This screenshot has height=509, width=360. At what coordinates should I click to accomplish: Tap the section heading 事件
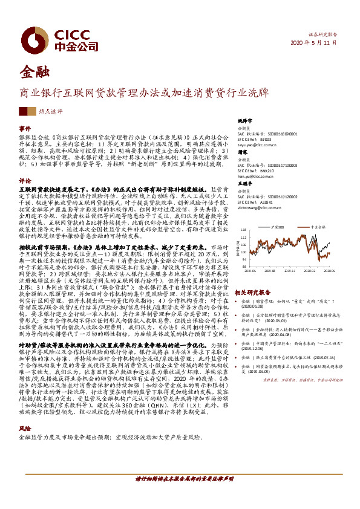click(x=25, y=129)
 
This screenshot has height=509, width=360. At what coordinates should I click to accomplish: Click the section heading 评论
click(x=25, y=180)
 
